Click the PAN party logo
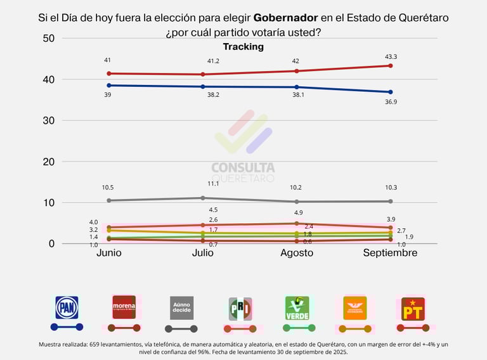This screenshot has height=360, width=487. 67,307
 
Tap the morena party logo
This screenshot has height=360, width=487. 124,307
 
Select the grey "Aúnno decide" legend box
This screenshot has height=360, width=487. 181,307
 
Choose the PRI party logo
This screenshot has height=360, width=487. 240,309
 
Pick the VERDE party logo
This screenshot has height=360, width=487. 297,308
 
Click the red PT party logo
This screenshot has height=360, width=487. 413,309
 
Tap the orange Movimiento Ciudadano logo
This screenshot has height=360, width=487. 354,308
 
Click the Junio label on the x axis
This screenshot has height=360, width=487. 109,253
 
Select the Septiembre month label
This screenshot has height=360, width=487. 390,253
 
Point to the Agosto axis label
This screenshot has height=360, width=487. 297,253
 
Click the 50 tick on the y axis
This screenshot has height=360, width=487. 49,39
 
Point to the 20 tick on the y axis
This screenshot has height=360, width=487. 49,162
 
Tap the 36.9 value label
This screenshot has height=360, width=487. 399,102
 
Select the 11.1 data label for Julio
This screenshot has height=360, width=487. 213,184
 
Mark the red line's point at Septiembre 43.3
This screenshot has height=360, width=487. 391,65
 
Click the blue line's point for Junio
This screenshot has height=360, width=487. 109,85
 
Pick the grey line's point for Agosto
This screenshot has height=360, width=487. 297,202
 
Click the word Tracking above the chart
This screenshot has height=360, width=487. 243,47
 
